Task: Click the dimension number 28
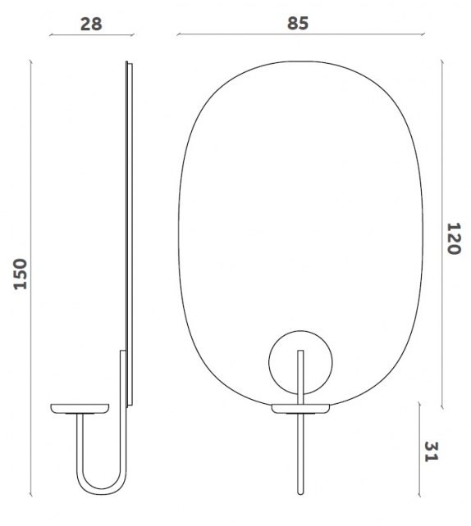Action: [91, 24]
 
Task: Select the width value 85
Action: [298, 24]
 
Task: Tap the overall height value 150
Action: [21, 273]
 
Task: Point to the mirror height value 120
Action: [452, 238]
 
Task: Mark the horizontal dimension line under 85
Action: [299, 36]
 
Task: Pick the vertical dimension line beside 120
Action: [442, 238]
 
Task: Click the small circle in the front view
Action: [301, 360]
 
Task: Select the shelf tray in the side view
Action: [81, 407]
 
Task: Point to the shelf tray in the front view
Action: [301, 407]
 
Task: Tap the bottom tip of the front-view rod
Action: [301, 493]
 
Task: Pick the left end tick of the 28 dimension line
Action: [51, 36]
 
